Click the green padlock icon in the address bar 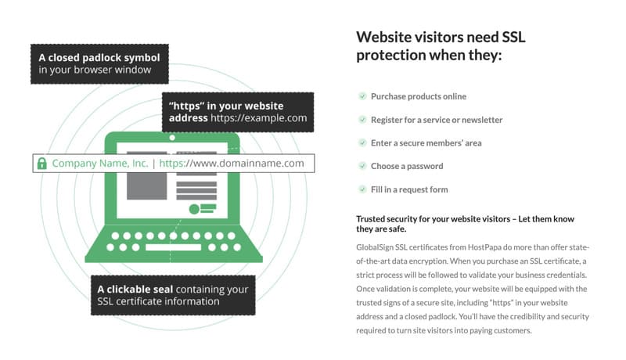point(41,164)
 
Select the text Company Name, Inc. point(99,164)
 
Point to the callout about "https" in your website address point(237,112)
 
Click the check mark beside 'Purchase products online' point(362,96)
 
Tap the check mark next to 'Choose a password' point(362,166)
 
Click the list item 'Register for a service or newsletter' point(437,120)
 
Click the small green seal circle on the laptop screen point(193,209)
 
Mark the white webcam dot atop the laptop point(172,138)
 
